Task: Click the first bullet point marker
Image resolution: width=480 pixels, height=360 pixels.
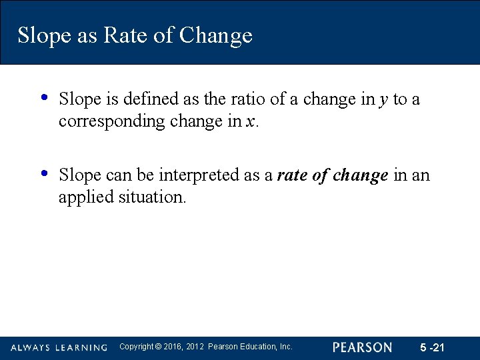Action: click(x=44, y=97)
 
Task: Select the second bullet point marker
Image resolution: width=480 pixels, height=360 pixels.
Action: click(x=44, y=173)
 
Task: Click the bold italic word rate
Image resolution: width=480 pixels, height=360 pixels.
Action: click(x=290, y=175)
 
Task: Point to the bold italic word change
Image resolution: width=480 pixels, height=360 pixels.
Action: click(x=361, y=175)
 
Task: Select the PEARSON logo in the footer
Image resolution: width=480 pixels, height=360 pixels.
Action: click(x=362, y=347)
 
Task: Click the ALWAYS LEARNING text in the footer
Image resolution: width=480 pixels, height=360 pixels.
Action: click(x=59, y=347)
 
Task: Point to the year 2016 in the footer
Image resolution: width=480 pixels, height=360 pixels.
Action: click(x=172, y=347)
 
